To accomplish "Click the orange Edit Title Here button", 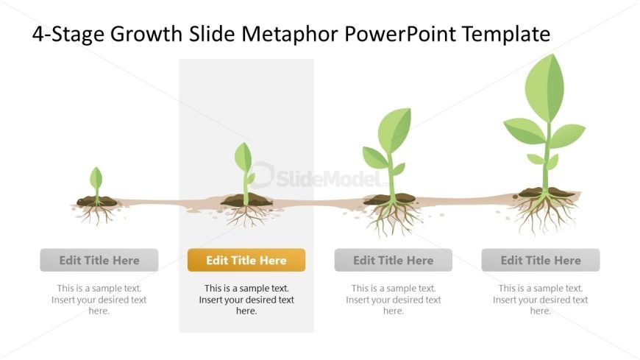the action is pos(246,260).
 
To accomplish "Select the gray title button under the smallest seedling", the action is pos(99,260).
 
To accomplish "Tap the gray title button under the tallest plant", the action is pos(541,260).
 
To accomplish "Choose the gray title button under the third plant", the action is pos(393,260).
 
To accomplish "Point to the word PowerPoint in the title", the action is pos(399,34).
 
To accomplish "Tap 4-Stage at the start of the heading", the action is pos(68,35).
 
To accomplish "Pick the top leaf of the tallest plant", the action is pos(544,88).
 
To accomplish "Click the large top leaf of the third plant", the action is pos(394,130).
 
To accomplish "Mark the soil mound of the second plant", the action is pos(246,200).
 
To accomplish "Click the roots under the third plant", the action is pos(392,219).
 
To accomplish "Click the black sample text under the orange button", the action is pos(246,300).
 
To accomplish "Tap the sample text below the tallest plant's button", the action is pos(541,300).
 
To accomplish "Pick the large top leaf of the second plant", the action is pos(243,158).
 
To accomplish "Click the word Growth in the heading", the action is pos(146,34).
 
